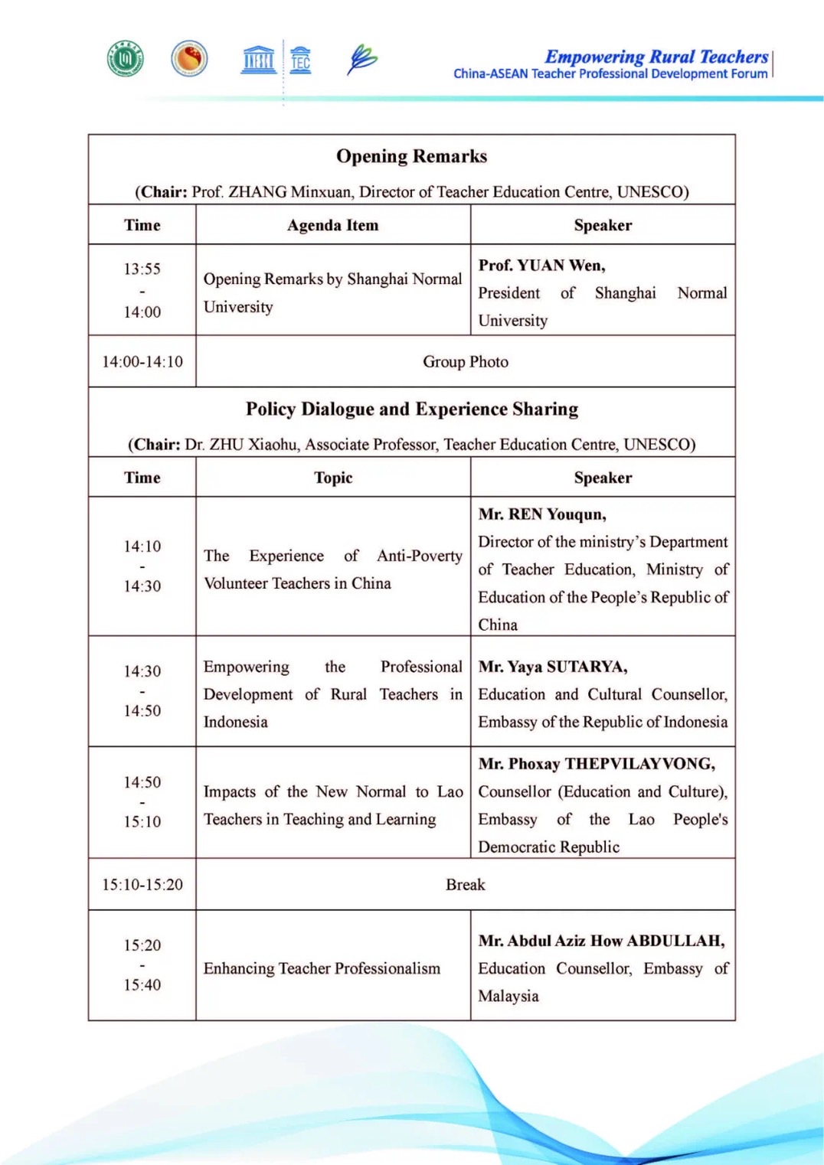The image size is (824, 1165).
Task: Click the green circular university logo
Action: click(126, 58)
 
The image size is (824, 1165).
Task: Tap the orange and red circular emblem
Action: click(189, 58)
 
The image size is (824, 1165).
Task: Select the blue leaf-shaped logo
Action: click(362, 59)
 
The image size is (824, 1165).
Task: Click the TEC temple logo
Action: click(301, 59)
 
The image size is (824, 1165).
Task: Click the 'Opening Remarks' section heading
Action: click(411, 156)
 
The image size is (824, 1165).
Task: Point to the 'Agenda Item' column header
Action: click(332, 225)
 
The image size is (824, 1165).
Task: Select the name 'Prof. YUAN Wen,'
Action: click(541, 266)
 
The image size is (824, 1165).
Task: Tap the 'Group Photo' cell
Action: click(465, 361)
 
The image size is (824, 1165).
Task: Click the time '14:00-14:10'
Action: click(142, 361)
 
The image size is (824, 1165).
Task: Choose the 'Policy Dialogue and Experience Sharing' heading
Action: click(411, 409)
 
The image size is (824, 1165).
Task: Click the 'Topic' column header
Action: click(333, 478)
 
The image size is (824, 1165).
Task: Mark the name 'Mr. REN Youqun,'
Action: click(542, 514)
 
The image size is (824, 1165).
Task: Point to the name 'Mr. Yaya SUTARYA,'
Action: click(552, 667)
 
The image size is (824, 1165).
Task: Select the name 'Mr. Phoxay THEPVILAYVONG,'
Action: click(597, 764)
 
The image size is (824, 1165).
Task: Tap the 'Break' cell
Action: click(465, 884)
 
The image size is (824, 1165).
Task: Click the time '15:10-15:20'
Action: click(142, 884)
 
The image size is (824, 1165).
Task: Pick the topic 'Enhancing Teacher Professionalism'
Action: click(322, 968)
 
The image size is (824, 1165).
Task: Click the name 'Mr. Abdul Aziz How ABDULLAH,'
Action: click(601, 941)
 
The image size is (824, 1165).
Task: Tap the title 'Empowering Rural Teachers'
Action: click(656, 57)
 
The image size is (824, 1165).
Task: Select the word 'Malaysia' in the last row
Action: click(508, 996)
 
